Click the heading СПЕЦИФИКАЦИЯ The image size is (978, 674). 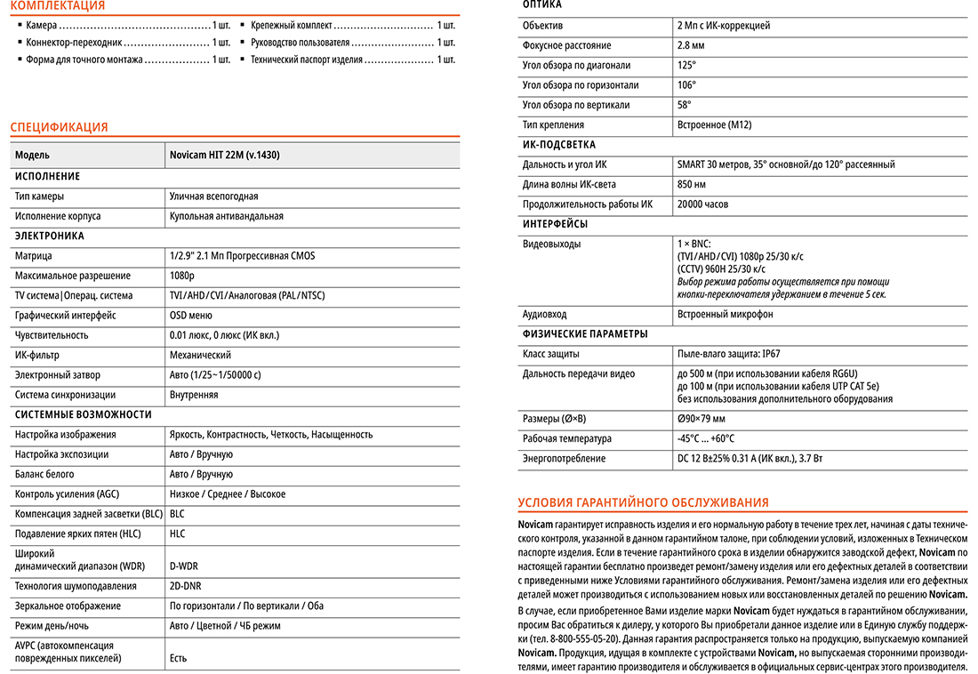pos(59,127)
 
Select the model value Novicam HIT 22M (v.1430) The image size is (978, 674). pos(224,155)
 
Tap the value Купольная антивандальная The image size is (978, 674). pos(226,216)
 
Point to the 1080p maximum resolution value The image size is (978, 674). pos(181,276)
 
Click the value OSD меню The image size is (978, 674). pos(190,316)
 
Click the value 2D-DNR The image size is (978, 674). pos(186,586)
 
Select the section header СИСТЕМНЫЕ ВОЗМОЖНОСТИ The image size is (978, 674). pos(84,414)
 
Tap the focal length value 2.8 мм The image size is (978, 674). pos(690,45)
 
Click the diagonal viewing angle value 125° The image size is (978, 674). pos(685,65)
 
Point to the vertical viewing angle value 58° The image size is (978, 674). pos(684,105)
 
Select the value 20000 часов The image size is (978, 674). pos(702,205)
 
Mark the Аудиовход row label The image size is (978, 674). pos(544,315)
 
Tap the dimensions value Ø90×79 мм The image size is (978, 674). pos(701,419)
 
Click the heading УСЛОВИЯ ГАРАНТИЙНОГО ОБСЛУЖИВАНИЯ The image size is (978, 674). pos(643,502)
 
